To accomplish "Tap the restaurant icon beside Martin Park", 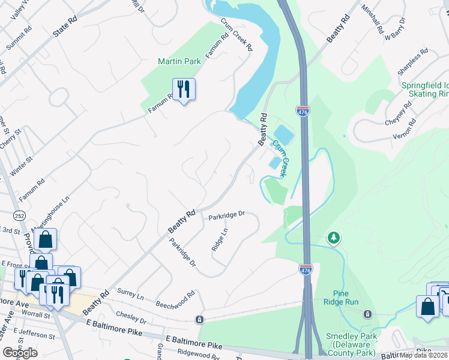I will click(183, 90).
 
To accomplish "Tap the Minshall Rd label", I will click(372, 19).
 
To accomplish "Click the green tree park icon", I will click(333, 238).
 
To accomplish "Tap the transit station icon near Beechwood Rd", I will click(200, 318).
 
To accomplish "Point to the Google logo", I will click(20, 352).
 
